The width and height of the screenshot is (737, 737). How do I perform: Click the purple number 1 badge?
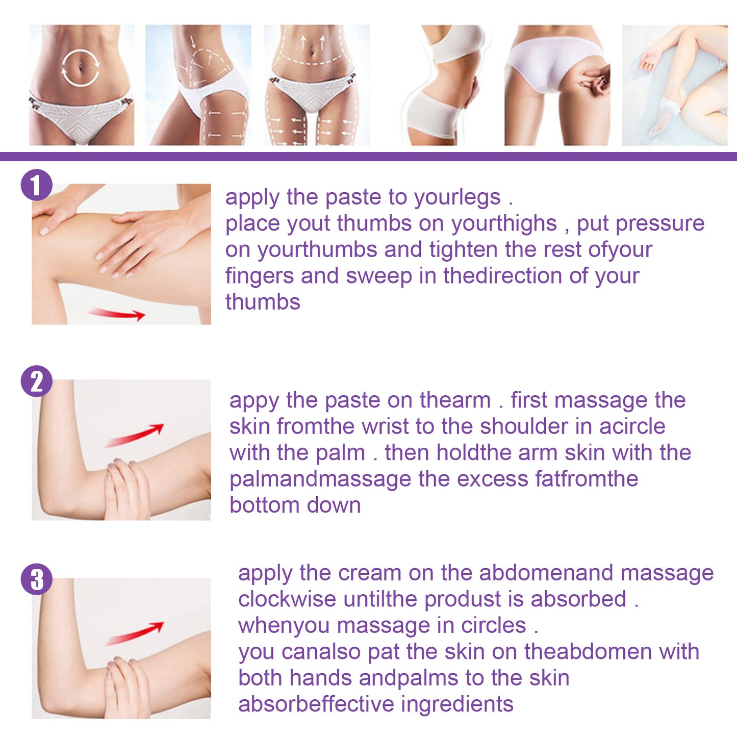click(x=36, y=185)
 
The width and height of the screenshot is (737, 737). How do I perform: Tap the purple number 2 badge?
click(x=36, y=381)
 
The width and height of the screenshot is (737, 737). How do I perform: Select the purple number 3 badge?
click(x=36, y=579)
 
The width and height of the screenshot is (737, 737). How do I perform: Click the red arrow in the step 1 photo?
click(x=117, y=314)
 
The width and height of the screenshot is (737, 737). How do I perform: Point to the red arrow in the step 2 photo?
click(x=135, y=435)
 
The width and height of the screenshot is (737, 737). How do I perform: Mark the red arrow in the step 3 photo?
click(x=135, y=633)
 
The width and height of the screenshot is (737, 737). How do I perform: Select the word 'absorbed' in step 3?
click(x=578, y=599)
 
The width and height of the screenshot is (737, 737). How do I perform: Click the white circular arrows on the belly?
click(x=81, y=67)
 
